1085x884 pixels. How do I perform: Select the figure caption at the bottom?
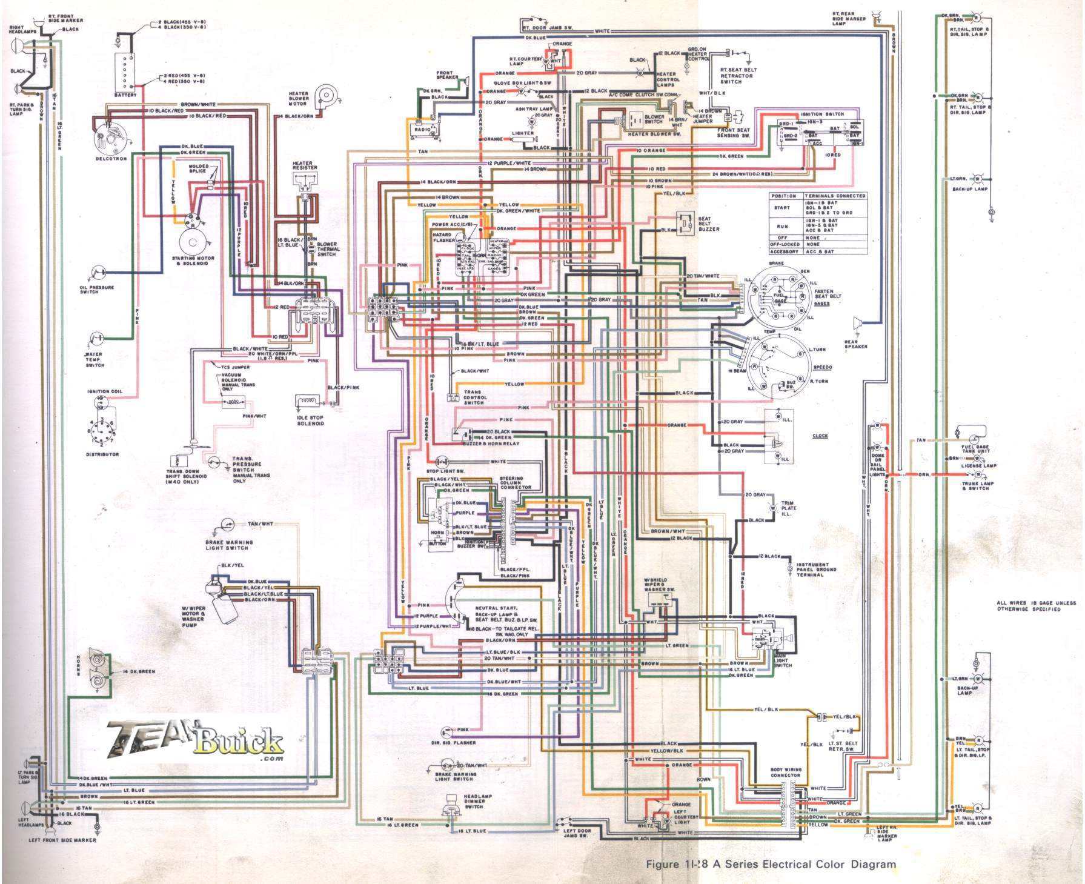point(771,864)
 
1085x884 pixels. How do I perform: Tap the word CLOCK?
point(820,436)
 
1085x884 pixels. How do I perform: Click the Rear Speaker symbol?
point(857,324)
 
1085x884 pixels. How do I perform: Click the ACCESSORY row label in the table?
point(785,251)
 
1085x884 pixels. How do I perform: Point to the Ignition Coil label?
point(105,391)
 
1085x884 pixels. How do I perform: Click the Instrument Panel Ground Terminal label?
point(817,570)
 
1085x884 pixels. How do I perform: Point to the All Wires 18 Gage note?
point(1036,605)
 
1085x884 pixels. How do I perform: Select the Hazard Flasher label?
point(444,236)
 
